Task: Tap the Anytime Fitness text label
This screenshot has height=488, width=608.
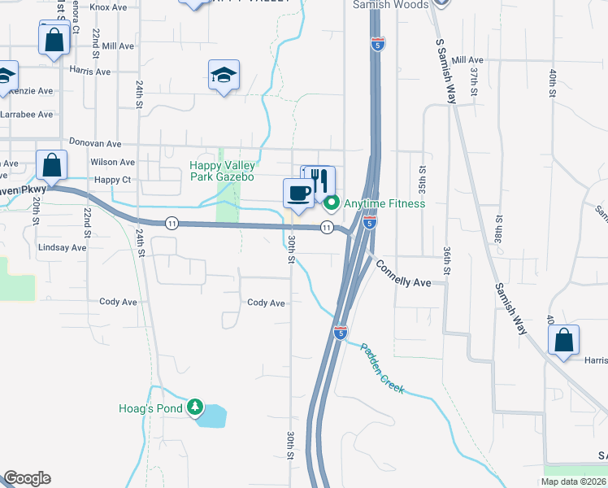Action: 384,203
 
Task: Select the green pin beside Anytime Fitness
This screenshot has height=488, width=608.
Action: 331,203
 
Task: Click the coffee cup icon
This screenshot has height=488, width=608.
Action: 297,194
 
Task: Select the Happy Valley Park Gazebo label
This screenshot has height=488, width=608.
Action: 222,171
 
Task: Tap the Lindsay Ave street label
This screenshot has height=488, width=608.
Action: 62,247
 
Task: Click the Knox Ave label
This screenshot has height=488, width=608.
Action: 110,7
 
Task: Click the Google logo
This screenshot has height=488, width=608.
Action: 27,478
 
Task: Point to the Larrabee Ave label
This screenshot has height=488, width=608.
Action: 27,115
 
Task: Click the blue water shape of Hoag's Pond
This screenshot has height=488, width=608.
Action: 213,416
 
